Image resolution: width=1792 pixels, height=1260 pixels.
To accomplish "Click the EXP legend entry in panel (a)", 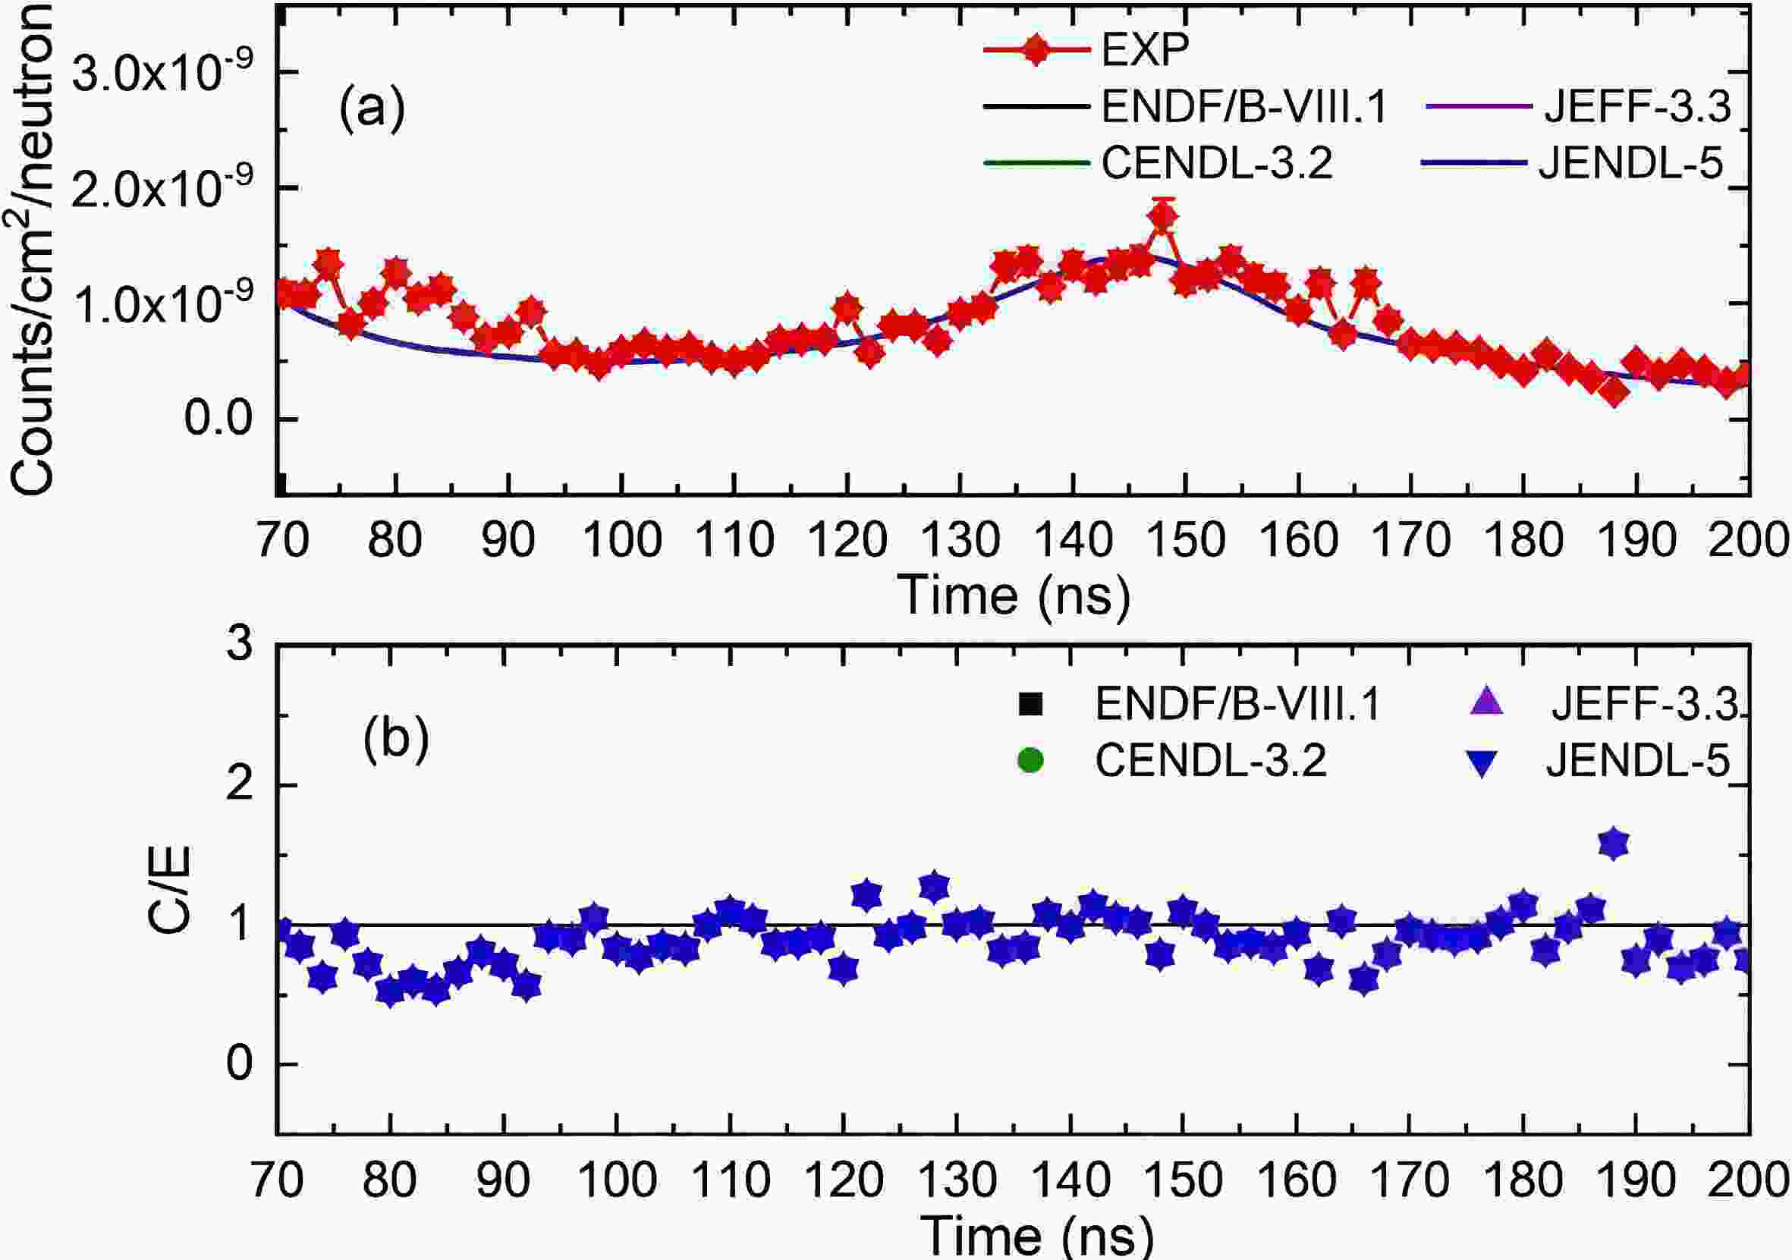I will (1144, 50).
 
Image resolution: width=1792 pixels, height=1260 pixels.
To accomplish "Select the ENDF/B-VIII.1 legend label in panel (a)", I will (1244, 107).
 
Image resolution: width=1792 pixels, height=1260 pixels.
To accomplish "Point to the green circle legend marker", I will (1030, 760).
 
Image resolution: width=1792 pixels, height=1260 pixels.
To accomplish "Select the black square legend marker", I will (1030, 704).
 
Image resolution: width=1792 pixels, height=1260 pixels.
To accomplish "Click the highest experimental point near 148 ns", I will (1163, 218).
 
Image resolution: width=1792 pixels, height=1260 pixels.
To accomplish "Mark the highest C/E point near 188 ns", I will (1613, 844).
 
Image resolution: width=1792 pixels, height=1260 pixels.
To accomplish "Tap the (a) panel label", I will (373, 108).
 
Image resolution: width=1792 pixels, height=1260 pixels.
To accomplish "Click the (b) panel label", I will (396, 738).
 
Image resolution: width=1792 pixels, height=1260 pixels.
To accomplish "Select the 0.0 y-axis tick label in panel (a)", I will (208, 419).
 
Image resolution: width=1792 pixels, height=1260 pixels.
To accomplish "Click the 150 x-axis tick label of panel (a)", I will (1186, 540).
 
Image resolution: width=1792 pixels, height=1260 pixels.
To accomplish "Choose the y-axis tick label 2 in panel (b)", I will (240, 784).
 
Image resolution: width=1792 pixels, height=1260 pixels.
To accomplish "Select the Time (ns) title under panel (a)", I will (1014, 597).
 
